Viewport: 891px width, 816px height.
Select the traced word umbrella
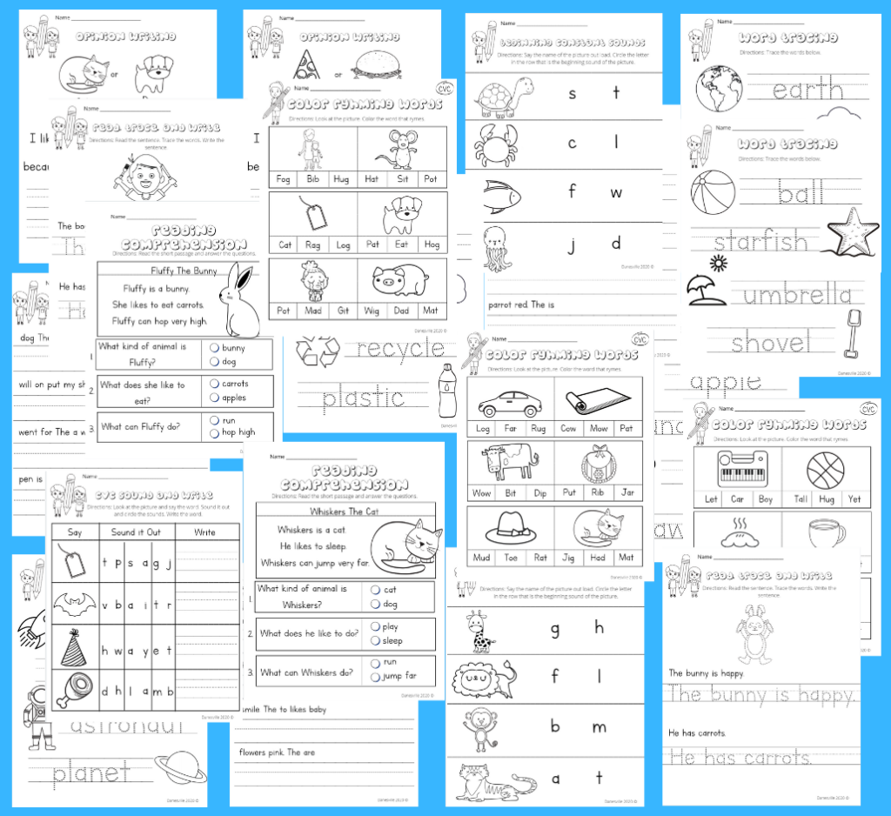pos(796,295)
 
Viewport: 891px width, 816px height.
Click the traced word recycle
pos(400,350)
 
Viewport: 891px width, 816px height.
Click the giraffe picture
pos(477,632)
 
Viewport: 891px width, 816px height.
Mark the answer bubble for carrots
pos(215,383)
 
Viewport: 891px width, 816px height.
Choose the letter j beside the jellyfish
pos(573,244)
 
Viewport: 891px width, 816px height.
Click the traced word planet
pos(91,772)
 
